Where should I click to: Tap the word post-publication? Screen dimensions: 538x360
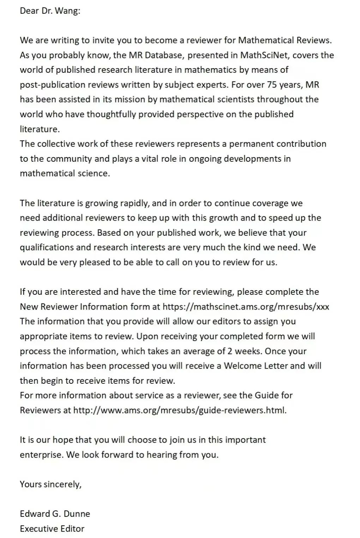point(53,85)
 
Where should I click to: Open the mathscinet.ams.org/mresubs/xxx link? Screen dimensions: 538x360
point(246,306)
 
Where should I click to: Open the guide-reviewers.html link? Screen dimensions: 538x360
point(180,410)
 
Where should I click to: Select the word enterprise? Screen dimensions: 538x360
point(42,455)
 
